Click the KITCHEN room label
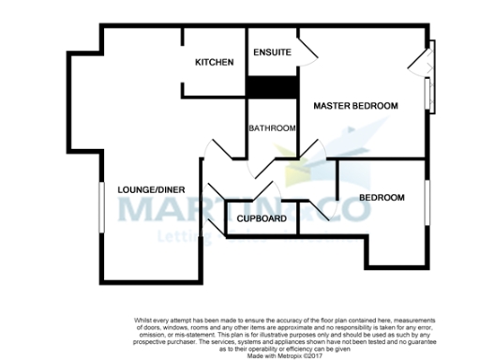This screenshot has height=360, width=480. coord(214,62)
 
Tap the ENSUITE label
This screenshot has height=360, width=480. coord(272,52)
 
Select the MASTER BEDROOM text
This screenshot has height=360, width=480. coord(355,105)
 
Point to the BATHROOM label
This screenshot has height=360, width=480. coord(272,128)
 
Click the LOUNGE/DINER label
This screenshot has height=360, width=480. coord(148,189)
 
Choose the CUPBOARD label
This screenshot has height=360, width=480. coord(262,218)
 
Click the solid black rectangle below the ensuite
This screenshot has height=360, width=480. coord(272,85)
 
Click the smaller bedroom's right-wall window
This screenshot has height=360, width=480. coord(426,202)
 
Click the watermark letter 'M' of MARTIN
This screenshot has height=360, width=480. coord(134,207)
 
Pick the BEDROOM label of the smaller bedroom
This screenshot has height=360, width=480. coord(382,198)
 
